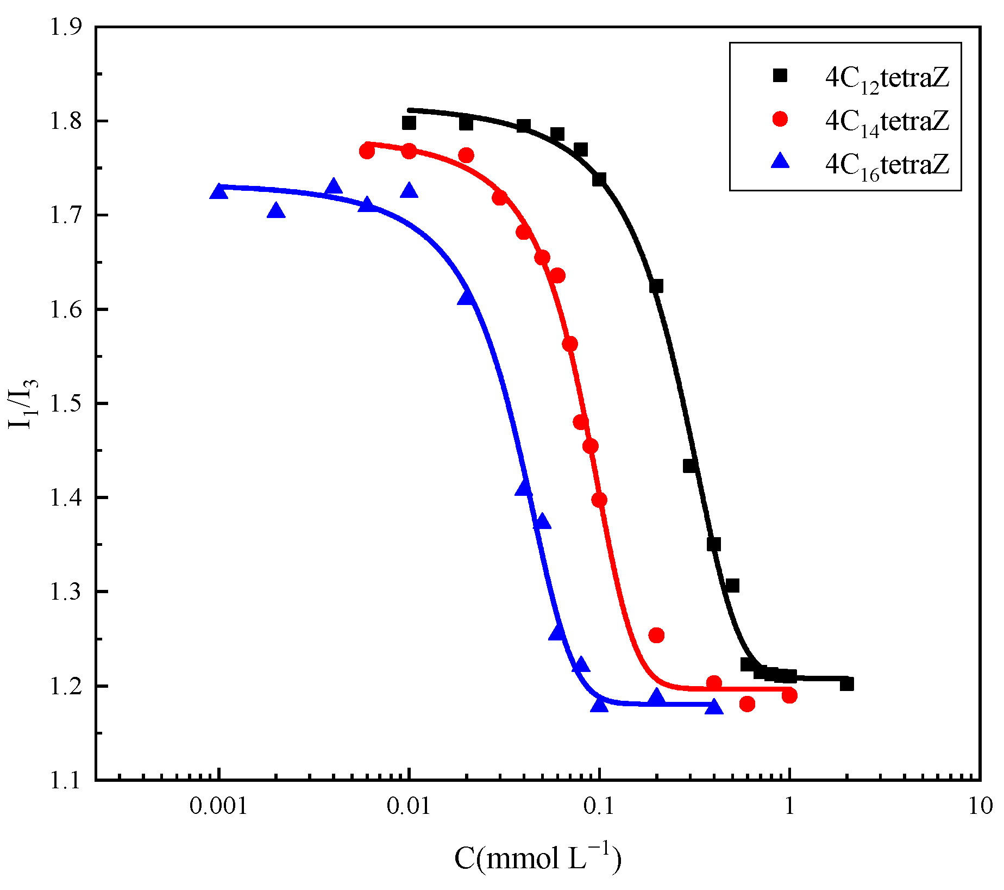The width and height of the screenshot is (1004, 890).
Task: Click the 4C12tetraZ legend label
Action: tap(887, 79)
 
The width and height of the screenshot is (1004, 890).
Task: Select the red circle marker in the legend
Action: tap(780, 119)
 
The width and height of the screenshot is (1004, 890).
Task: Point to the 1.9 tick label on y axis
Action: tap(66, 27)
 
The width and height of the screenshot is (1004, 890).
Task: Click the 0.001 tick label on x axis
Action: tap(218, 806)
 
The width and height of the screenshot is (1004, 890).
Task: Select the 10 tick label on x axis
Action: tap(980, 806)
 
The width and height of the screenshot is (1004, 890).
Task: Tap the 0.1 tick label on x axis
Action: tap(599, 806)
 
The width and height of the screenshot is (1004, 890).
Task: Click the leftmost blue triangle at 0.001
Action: tap(218, 191)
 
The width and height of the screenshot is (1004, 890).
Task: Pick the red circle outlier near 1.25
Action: tap(656, 635)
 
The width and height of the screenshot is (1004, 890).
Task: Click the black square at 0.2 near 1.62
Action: tap(656, 286)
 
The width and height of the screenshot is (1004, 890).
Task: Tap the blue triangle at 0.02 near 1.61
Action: tap(466, 297)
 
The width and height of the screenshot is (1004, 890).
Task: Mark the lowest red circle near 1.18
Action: tap(748, 704)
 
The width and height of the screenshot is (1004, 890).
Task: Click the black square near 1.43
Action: tap(690, 466)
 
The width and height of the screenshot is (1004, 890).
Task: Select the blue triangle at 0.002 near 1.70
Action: tap(276, 210)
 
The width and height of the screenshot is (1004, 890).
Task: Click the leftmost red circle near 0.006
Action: tap(367, 152)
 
